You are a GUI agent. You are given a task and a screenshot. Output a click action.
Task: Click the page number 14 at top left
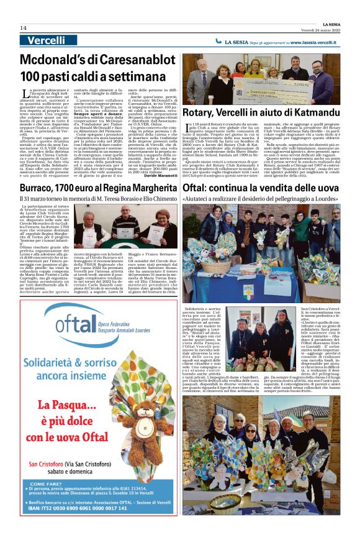click(23, 28)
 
